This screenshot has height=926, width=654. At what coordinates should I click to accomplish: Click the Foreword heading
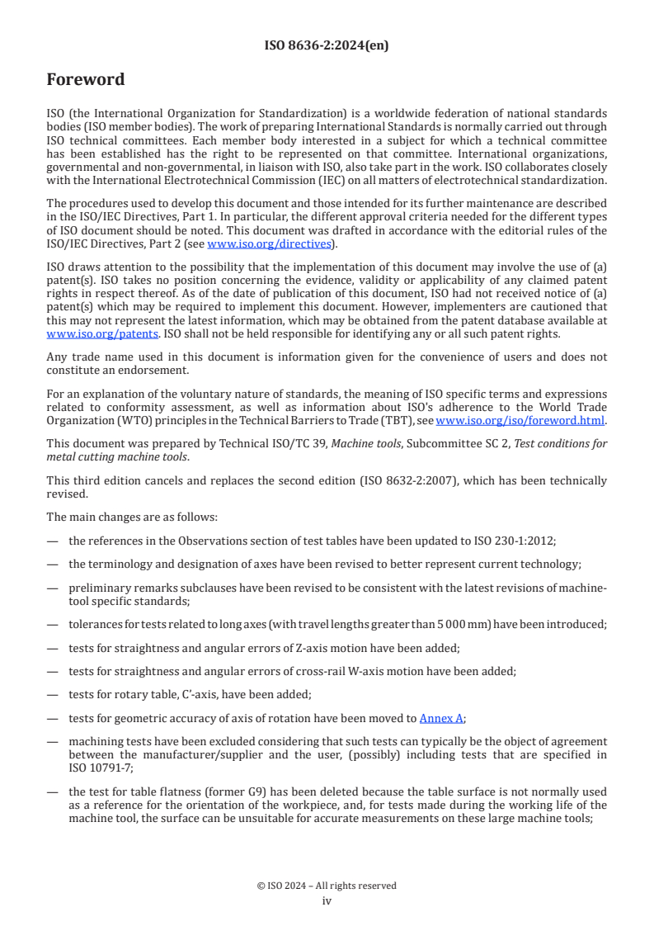86,80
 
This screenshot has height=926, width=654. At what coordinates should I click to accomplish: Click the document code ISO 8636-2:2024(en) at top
327,46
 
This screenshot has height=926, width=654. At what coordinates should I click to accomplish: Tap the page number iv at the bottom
327,900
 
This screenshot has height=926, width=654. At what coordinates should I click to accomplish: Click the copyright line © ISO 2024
327,886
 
